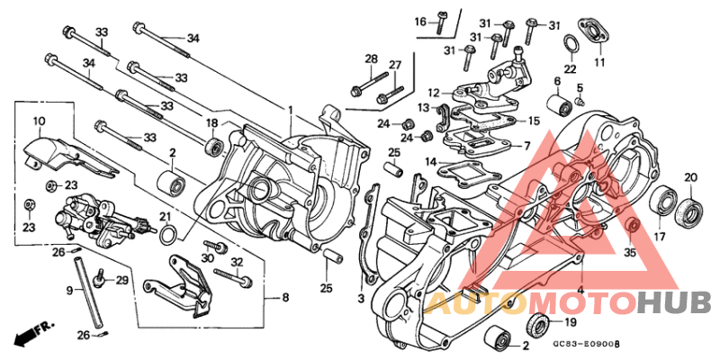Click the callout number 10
(x=39, y=121)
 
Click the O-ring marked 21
(x=168, y=237)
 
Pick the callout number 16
(x=420, y=22)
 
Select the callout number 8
(x=285, y=296)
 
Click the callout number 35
(x=630, y=253)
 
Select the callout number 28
(x=370, y=59)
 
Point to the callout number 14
(x=430, y=161)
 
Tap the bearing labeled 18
(x=214, y=146)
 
